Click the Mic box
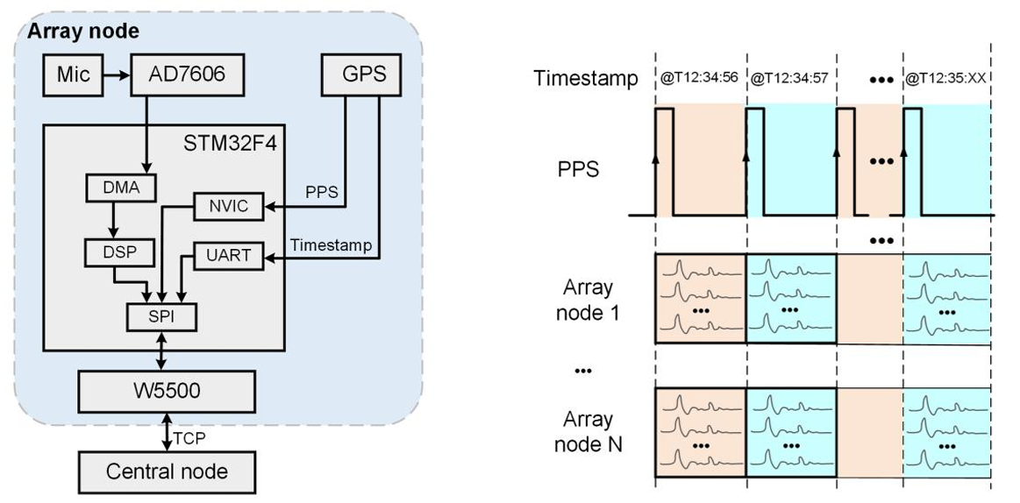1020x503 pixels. coord(74,75)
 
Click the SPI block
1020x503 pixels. coord(162,315)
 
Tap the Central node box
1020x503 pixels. coord(167,471)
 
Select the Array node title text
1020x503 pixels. coord(83,32)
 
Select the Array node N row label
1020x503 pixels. coord(588,432)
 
